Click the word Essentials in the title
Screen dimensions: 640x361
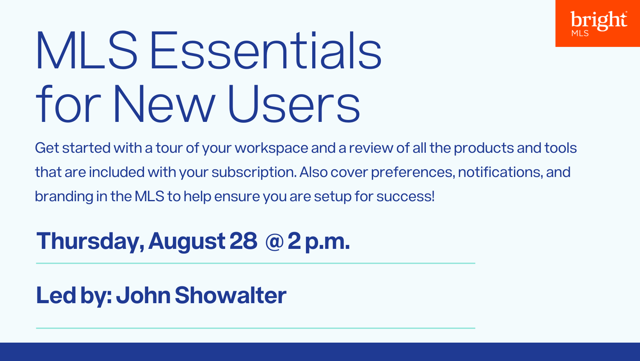coord(265,50)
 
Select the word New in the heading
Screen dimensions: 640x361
coord(165,104)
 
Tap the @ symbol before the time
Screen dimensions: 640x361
coord(274,242)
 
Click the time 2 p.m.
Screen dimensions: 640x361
coord(319,242)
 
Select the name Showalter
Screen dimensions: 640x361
coord(231,295)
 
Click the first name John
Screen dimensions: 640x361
coord(144,295)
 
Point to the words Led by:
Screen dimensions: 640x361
coord(74,296)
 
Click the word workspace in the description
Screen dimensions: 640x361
coord(272,148)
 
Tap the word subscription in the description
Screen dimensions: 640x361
coord(254,173)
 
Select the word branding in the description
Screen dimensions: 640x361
coord(64,197)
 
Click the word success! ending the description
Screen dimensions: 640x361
coord(406,197)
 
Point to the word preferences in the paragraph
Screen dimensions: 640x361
coord(413,173)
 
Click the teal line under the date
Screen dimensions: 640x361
coord(256,263)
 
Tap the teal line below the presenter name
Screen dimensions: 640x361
coord(256,328)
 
